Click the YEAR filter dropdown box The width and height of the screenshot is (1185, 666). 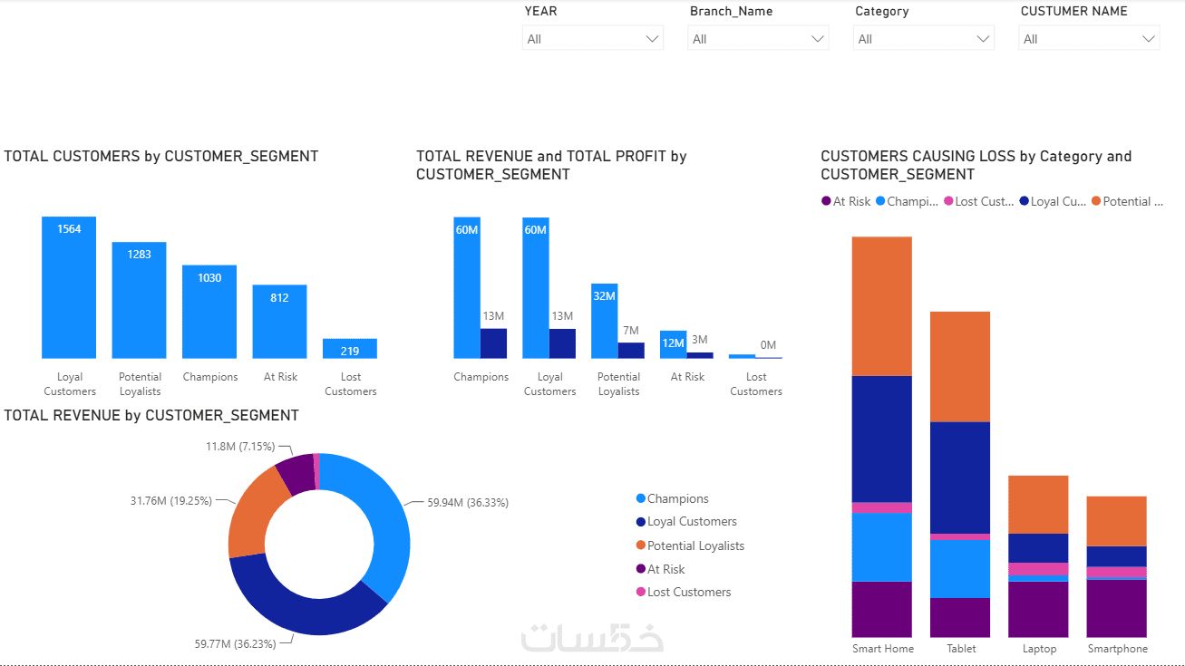tap(593, 38)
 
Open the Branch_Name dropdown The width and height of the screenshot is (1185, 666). tap(758, 38)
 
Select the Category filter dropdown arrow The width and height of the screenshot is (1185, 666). tap(983, 39)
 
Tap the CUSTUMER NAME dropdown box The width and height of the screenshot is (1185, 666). tap(1089, 38)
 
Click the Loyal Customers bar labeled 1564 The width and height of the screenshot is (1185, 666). tap(69, 287)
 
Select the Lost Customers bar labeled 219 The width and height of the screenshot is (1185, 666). tap(350, 348)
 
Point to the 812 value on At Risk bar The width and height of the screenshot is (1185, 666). tap(279, 297)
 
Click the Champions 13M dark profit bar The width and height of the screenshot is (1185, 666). tap(493, 343)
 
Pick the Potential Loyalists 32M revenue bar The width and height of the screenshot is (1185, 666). tap(604, 321)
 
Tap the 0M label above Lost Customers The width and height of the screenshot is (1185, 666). tap(768, 344)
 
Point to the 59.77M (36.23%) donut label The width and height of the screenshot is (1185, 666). tap(235, 643)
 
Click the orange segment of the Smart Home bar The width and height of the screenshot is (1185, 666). tap(882, 306)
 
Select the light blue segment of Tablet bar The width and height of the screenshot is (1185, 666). tap(960, 569)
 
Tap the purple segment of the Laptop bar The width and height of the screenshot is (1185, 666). tap(1038, 609)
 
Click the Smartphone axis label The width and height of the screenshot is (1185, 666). tap(1117, 649)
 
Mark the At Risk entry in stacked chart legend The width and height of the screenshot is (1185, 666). tap(846, 201)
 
